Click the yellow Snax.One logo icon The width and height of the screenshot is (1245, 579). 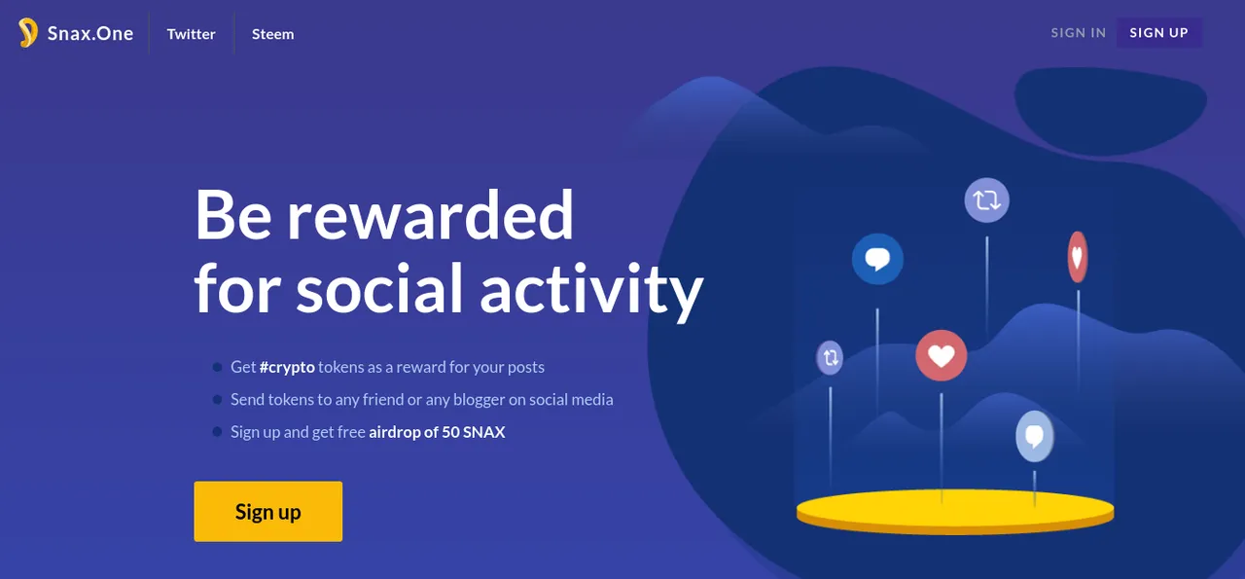28,33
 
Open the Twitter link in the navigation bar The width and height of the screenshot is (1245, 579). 192,34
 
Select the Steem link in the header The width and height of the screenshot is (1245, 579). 273,34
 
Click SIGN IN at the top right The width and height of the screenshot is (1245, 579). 1079,33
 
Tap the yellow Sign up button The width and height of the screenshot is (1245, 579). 267,511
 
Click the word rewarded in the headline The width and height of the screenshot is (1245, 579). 430,215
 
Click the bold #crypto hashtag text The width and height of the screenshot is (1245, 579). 287,367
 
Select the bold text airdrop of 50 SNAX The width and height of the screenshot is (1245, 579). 437,432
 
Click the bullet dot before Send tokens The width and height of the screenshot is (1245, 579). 217,399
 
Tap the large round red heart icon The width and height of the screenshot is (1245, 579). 941,355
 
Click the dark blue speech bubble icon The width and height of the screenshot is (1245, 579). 877,259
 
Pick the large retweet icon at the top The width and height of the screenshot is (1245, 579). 987,200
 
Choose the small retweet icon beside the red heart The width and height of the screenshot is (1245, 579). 830,358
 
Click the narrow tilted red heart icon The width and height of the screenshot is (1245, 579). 1078,257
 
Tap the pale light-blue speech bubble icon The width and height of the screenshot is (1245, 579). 1034,436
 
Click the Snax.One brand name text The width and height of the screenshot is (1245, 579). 90,33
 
